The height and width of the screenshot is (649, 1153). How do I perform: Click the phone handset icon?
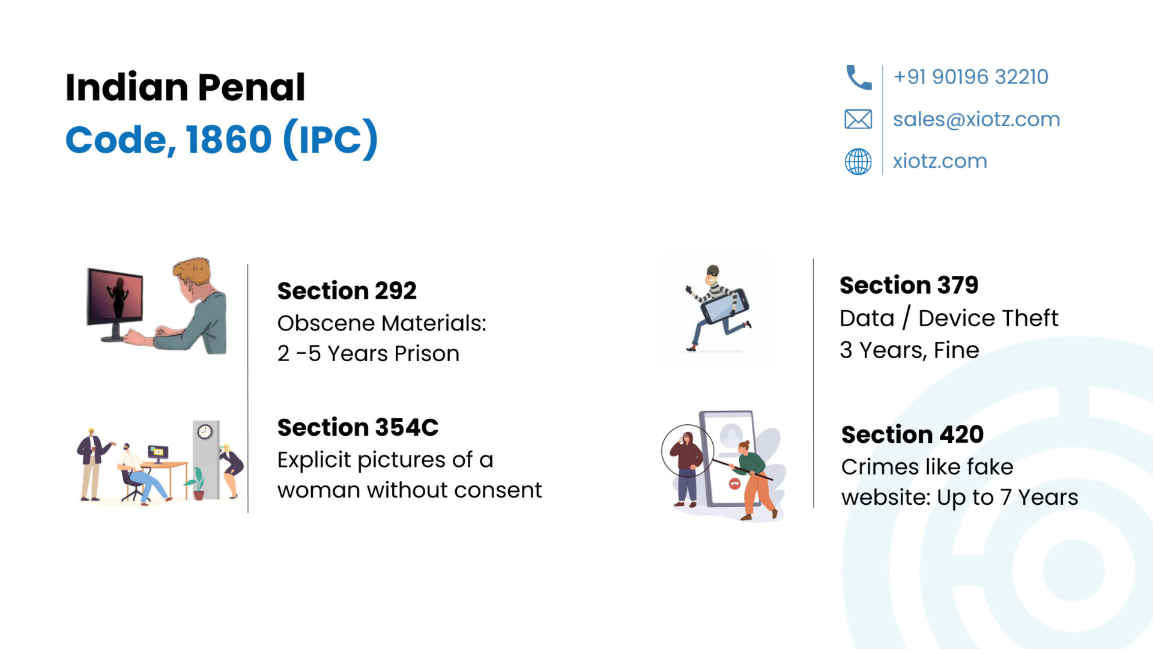click(859, 78)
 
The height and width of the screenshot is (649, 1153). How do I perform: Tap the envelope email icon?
click(858, 119)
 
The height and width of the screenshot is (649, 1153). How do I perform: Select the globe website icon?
click(858, 162)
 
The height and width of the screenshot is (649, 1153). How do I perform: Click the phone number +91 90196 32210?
click(971, 77)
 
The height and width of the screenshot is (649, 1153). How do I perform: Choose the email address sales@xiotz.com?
click(976, 120)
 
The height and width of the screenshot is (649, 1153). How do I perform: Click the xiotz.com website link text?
click(940, 161)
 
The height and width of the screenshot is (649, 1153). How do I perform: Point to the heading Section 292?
click(347, 291)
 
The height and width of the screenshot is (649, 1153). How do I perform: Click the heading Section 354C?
click(358, 427)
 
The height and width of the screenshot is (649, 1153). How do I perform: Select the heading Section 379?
click(909, 285)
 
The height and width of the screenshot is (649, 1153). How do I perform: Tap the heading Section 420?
click(912, 434)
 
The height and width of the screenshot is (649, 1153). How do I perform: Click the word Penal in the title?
click(251, 87)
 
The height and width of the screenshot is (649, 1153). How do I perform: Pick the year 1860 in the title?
click(229, 139)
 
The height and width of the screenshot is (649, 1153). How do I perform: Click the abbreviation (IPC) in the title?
click(330, 139)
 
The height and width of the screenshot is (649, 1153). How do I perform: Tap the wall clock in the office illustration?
click(205, 431)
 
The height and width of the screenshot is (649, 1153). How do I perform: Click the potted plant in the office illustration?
click(196, 484)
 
